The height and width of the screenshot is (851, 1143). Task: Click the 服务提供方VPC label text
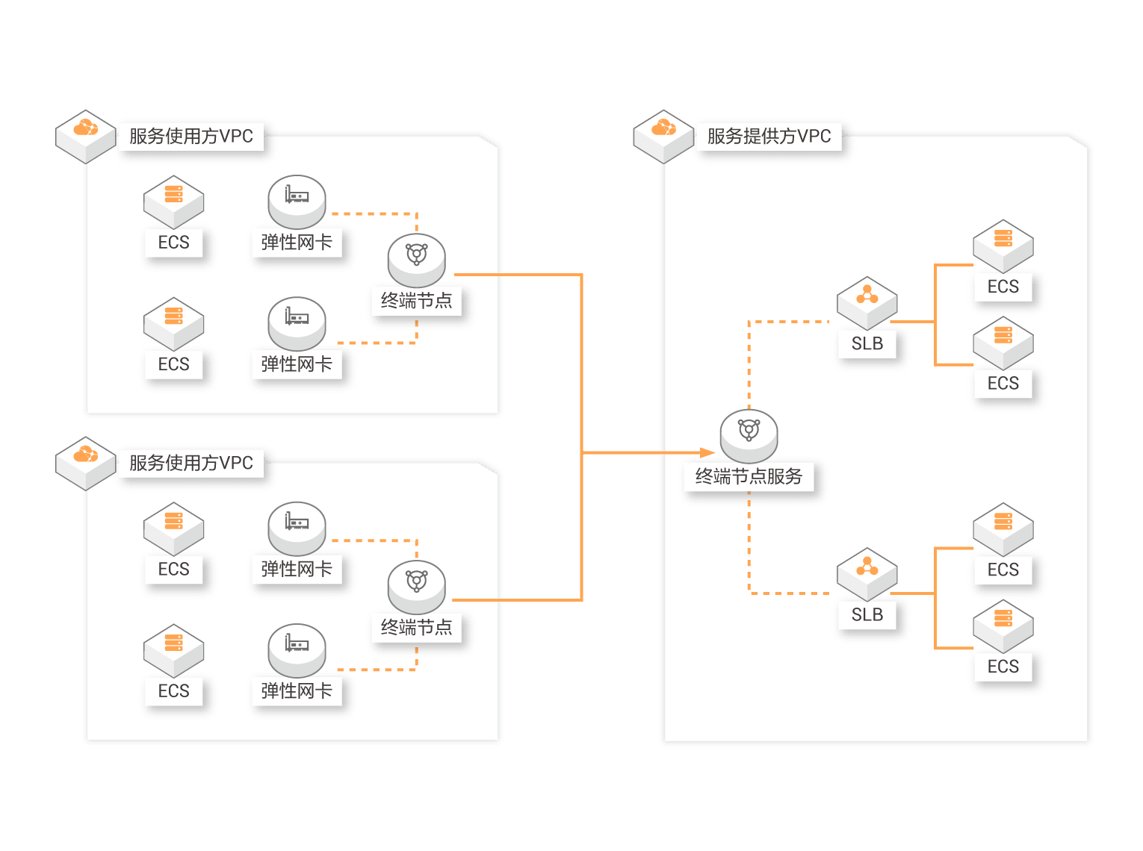[769, 137]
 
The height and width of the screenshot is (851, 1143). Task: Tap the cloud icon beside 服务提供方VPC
[663, 137]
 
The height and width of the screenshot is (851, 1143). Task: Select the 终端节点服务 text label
[749, 476]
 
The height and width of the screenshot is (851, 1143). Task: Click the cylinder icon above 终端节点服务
[749, 436]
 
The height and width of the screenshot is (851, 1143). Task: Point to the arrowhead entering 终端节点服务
[707, 453]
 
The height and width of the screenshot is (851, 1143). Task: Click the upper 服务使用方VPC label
[190, 137]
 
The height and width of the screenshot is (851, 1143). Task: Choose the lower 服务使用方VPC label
[190, 463]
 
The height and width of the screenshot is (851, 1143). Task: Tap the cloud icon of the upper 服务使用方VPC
[86, 137]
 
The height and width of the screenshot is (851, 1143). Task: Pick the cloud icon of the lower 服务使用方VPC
[86, 464]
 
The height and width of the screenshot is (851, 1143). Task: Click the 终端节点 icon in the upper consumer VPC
[416, 261]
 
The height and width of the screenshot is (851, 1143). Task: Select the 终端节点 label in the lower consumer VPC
[416, 628]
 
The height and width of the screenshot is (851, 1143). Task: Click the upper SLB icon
[867, 303]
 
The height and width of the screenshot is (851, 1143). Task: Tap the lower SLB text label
[867, 614]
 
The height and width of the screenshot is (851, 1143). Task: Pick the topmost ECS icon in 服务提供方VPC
[1003, 246]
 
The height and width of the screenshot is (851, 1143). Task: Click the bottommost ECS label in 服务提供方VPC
[1003, 667]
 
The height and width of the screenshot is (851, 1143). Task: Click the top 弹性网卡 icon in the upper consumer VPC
[297, 202]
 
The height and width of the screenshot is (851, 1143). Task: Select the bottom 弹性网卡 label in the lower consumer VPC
[297, 691]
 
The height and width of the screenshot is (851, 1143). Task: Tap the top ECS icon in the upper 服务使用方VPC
[173, 202]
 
